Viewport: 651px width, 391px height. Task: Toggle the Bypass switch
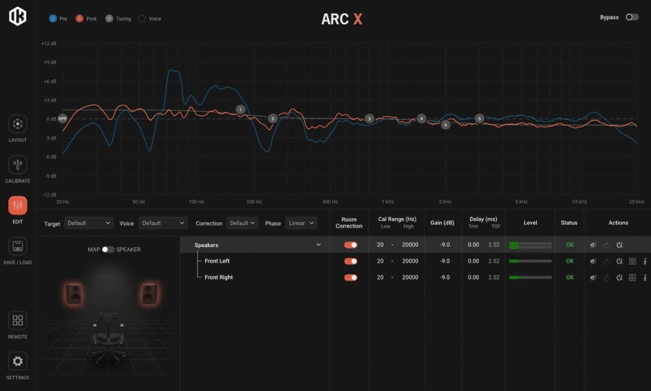(x=632, y=17)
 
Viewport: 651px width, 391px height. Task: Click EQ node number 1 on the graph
(x=240, y=109)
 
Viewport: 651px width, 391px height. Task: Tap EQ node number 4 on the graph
(x=422, y=118)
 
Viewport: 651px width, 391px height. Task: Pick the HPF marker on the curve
(x=62, y=118)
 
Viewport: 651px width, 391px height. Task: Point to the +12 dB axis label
(x=48, y=44)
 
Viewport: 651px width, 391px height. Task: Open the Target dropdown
(x=88, y=223)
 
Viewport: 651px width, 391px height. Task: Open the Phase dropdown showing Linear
(x=301, y=223)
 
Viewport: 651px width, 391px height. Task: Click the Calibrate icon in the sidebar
(x=18, y=165)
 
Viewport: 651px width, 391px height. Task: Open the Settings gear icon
(x=18, y=361)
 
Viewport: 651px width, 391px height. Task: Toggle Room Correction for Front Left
(x=350, y=261)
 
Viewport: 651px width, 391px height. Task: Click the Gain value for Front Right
(x=445, y=278)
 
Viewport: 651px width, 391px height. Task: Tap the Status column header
(x=569, y=223)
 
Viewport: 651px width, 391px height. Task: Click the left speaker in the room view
(x=73, y=293)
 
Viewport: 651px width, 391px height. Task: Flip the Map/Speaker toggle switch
(x=108, y=249)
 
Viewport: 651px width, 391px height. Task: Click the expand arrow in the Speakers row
(x=319, y=245)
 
